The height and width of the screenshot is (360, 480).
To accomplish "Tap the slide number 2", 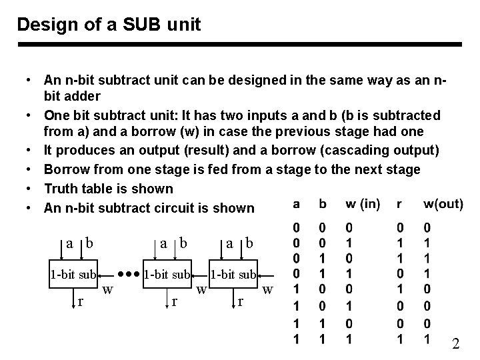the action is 456,344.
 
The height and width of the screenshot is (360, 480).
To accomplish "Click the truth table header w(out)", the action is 443,203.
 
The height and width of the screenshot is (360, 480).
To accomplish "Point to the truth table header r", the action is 399,203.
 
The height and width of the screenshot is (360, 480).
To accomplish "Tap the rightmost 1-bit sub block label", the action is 234,273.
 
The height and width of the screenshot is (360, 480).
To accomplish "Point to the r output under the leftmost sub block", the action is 81,301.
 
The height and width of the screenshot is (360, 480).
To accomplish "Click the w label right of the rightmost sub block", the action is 267,289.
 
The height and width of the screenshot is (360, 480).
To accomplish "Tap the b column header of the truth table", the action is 323,203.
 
